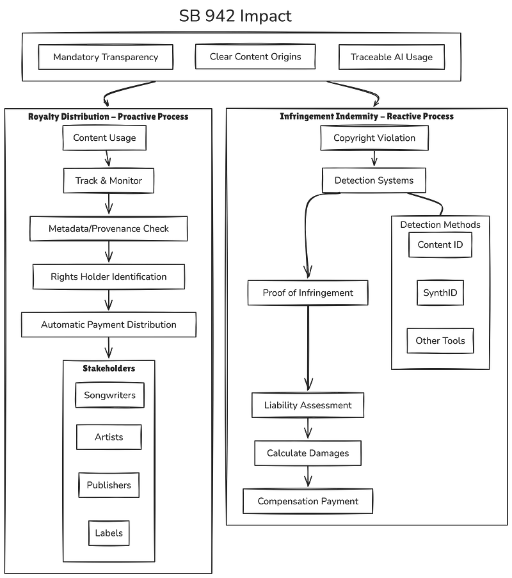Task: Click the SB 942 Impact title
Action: click(235, 16)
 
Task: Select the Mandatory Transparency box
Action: click(106, 57)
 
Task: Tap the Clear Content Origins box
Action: click(255, 56)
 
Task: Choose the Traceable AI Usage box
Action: click(392, 57)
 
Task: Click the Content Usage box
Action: click(104, 138)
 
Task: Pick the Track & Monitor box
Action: click(109, 181)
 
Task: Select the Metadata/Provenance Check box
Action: click(109, 229)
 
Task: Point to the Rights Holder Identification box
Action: click(109, 277)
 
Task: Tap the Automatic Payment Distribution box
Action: click(109, 325)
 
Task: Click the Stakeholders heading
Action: click(109, 368)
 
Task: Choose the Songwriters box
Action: click(110, 395)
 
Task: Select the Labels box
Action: click(109, 533)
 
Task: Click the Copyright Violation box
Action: click(374, 138)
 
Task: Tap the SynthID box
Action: click(440, 293)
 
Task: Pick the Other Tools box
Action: click(440, 341)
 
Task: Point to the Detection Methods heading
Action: click(440, 225)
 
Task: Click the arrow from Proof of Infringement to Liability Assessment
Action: click(308, 348)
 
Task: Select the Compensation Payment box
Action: click(308, 501)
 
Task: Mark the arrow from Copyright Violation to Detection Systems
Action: click(374, 158)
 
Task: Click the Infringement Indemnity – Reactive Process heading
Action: click(367, 116)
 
